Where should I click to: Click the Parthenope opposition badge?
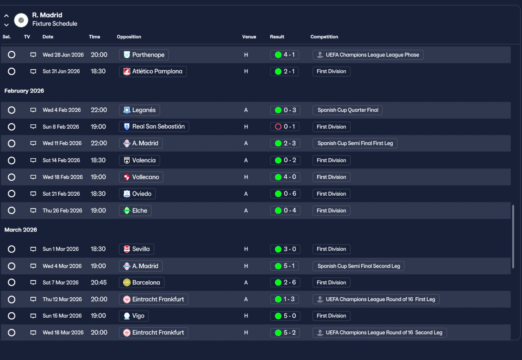pos(127,55)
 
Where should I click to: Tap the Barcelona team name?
pos(146,283)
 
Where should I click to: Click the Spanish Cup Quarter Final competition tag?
pos(347,110)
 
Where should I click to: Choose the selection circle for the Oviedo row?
pos(11,194)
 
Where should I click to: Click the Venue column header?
pos(249,37)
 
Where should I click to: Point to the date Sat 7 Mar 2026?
pos(60,283)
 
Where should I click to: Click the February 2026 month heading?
pos(24,91)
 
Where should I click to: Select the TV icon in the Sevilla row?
pos(33,249)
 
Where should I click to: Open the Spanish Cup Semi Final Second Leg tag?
pos(358,266)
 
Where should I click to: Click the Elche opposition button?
pos(135,210)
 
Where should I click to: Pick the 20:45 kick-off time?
pos(99,283)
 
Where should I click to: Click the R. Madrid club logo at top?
pos(21,20)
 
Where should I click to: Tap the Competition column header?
pos(324,37)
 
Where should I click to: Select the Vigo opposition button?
pos(134,316)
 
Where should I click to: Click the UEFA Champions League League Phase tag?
pos(368,55)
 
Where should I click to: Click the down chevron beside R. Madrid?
pos(7,25)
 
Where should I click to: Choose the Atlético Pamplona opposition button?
pos(153,71)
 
